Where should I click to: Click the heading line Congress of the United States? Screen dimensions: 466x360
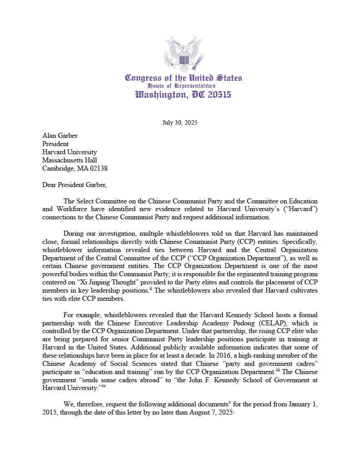point(183,78)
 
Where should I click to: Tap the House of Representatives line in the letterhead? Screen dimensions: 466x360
point(181,86)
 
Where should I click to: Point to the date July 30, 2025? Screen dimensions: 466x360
point(180,123)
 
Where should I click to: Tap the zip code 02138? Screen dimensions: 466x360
point(97,168)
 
